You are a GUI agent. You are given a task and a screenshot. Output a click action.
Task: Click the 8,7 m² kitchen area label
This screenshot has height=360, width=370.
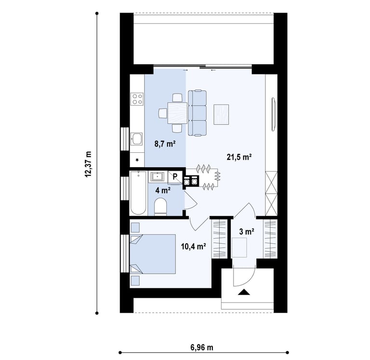tap(165, 144)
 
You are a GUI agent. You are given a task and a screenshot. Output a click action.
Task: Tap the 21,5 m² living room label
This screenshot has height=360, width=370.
tap(239, 157)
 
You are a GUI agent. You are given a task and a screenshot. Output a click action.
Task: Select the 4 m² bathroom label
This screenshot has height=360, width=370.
tap(163, 190)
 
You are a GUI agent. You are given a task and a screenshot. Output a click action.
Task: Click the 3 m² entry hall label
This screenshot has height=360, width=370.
tap(247, 232)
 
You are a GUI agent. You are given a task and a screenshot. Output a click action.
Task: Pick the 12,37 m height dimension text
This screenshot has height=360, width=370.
tap(88, 164)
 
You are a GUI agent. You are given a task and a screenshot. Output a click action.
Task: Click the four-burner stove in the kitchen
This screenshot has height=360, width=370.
tap(137, 99)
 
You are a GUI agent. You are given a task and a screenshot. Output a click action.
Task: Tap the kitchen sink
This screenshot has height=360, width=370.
tap(137, 139)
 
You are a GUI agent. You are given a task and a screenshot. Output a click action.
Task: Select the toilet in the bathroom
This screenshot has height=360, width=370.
tap(160, 207)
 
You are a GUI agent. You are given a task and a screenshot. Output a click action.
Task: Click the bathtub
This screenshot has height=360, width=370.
tap(138, 193)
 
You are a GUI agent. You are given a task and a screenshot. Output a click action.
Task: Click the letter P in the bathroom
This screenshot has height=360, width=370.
tap(175, 176)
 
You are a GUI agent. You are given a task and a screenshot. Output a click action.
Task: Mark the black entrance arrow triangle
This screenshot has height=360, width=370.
tap(244, 292)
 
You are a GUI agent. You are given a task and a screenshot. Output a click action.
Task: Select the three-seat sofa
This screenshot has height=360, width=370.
tap(197, 113)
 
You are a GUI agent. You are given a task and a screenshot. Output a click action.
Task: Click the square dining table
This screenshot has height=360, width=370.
tap(177, 113)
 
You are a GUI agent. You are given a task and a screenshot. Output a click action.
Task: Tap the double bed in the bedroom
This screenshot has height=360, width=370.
tap(153, 254)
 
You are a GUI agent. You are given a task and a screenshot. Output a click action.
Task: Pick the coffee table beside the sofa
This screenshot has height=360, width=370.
tap(221, 114)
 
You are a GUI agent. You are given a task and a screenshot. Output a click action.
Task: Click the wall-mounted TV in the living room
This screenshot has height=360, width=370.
tap(274, 114)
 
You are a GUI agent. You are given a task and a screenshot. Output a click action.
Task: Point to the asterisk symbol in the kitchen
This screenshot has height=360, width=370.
tap(137, 160)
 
